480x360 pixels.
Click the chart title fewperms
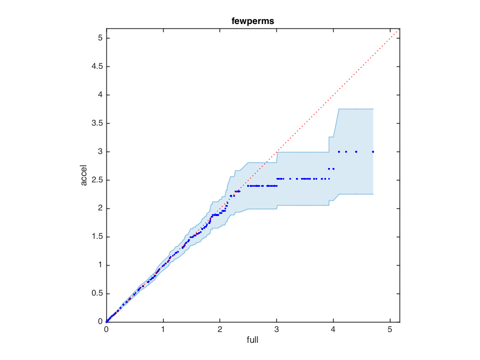coord(252,22)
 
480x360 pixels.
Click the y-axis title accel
coord(84,175)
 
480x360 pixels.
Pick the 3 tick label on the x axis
coord(276,330)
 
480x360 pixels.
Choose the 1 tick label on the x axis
coord(163,330)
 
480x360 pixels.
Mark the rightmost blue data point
coord(373,152)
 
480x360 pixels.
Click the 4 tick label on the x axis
coord(333,330)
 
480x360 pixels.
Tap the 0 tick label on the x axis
coord(106,330)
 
